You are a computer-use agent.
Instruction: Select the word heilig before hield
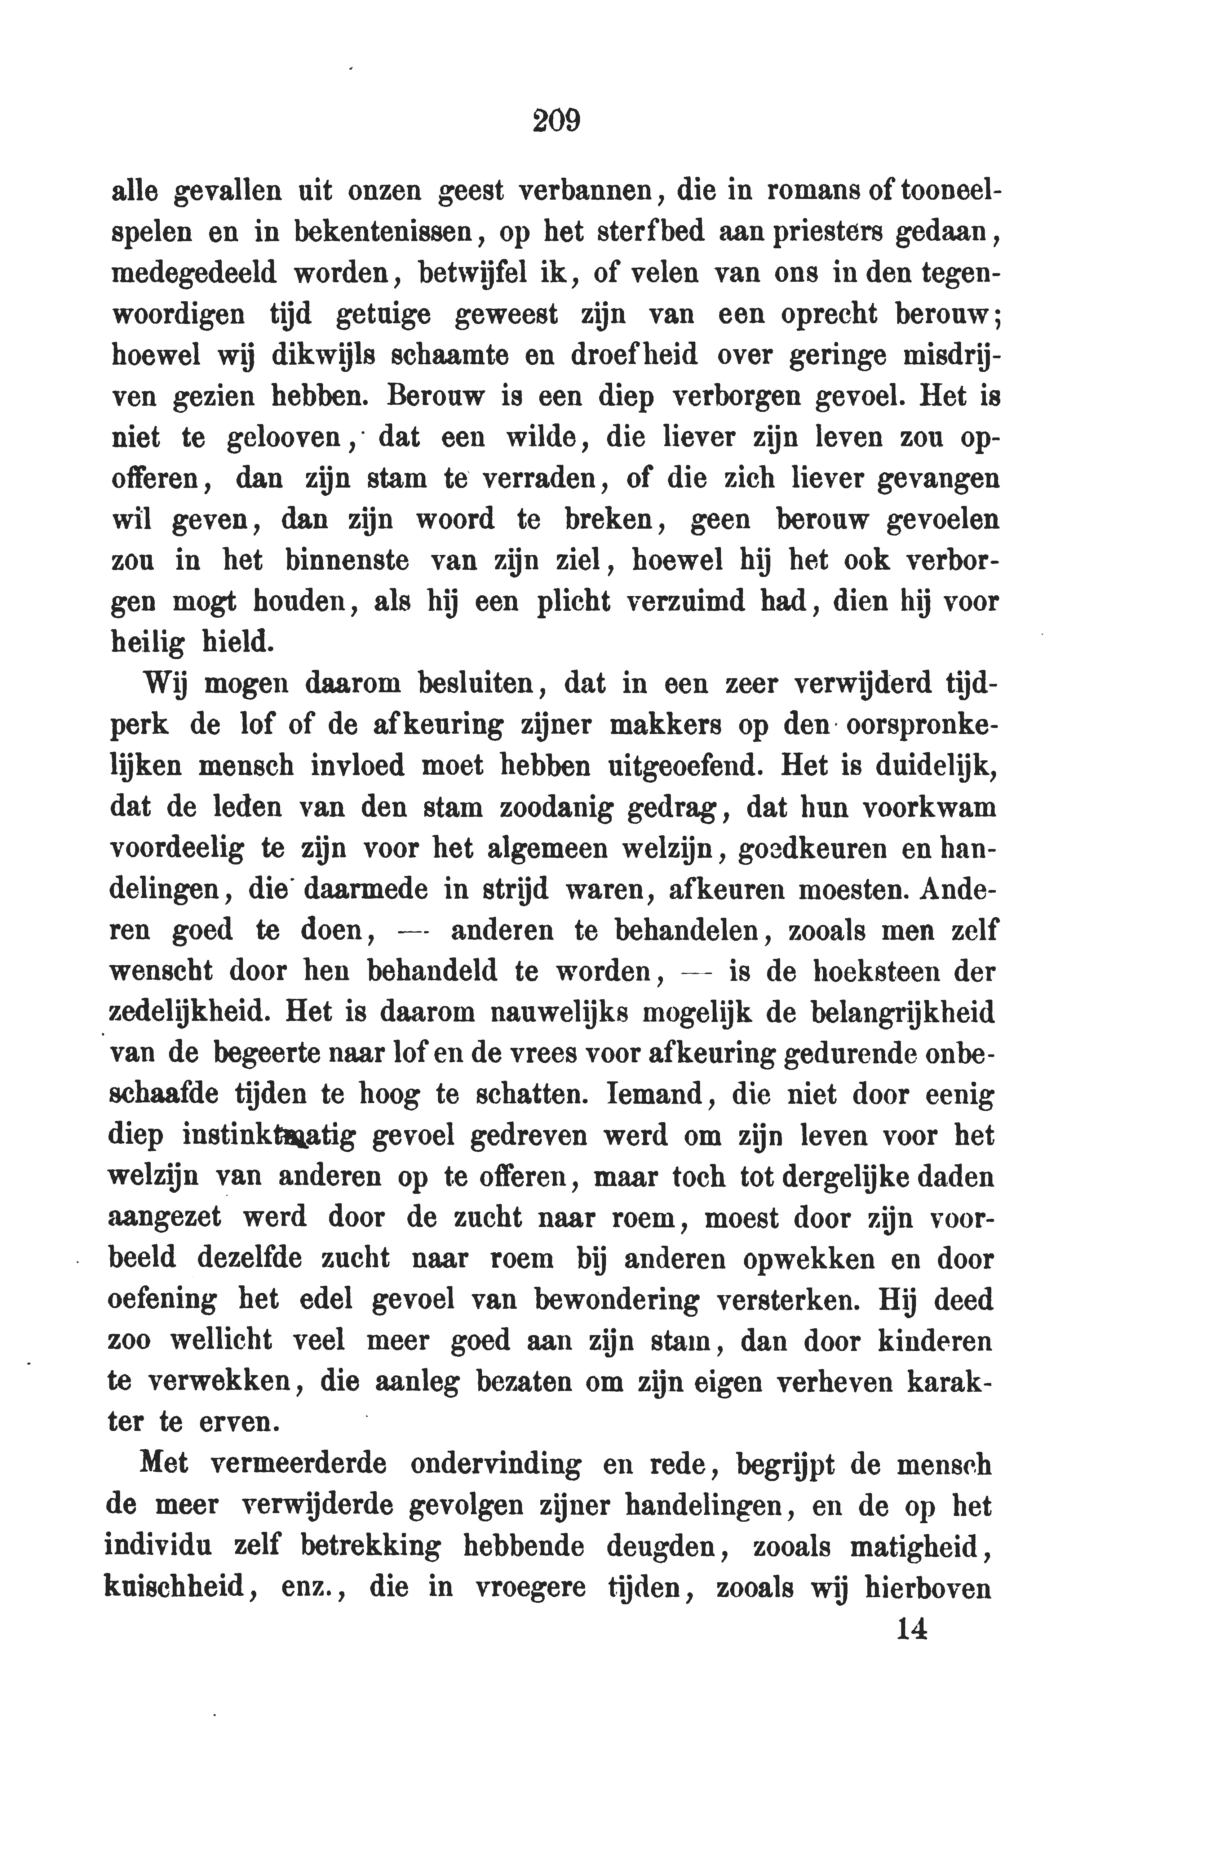[149, 644]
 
